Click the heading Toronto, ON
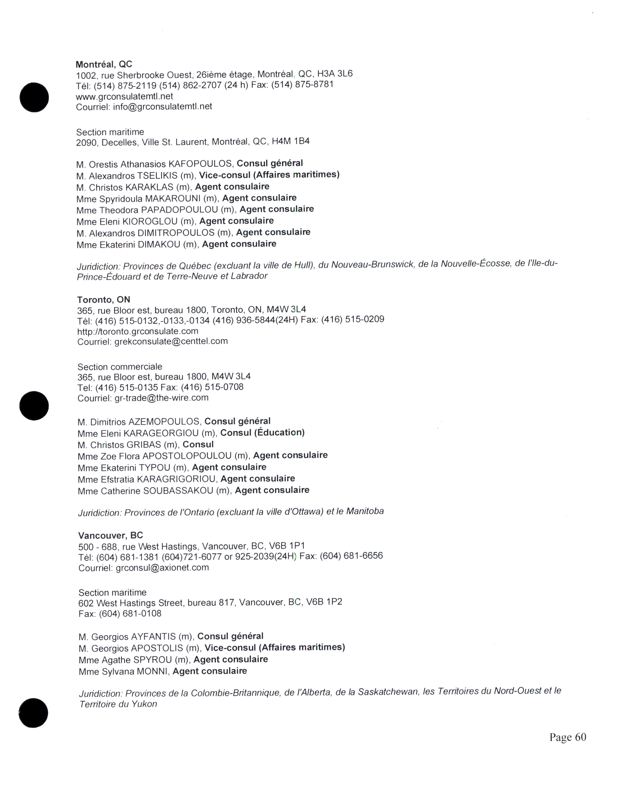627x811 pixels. (x=104, y=300)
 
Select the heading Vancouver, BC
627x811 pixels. (x=110, y=536)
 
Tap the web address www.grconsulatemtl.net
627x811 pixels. (x=124, y=97)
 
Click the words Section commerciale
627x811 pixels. (x=119, y=367)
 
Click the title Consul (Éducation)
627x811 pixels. (x=262, y=433)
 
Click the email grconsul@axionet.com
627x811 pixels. (x=162, y=567)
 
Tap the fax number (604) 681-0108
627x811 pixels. (x=130, y=613)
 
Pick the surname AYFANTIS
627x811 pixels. (x=153, y=637)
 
